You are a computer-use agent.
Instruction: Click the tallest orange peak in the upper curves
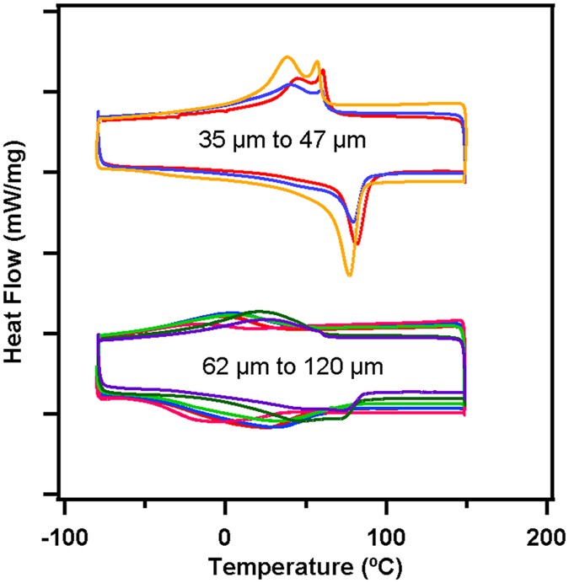pos(287,57)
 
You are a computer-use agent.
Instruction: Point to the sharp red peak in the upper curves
pos(323,71)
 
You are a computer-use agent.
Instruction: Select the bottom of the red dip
pos(357,244)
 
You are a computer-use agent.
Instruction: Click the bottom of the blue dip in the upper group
pos(352,222)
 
